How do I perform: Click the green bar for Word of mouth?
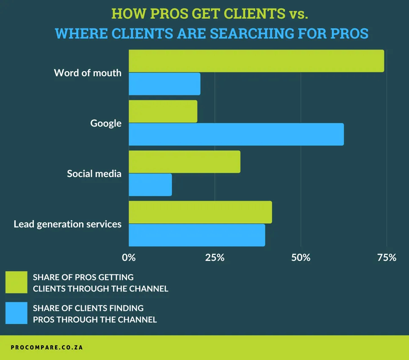pos(256,61)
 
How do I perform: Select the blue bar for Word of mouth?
pos(164,84)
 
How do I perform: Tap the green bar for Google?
pos(163,111)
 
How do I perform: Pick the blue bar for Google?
pos(236,134)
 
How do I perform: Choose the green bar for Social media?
pos(185,162)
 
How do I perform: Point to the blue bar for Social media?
pos(150,185)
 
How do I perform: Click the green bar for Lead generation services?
pos(200,212)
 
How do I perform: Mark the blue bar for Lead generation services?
pos(197,235)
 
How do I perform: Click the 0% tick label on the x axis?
pos(129,257)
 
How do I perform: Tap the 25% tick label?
pos(215,257)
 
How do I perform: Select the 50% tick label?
pos(301,257)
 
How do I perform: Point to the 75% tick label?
pos(387,257)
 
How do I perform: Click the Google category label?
pos(106,123)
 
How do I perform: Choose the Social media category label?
pos(94,174)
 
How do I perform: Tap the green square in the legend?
pos(17,282)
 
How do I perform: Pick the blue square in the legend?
pos(17,313)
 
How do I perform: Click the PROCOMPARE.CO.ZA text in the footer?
pos(47,347)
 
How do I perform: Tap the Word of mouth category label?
pos(88,73)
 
